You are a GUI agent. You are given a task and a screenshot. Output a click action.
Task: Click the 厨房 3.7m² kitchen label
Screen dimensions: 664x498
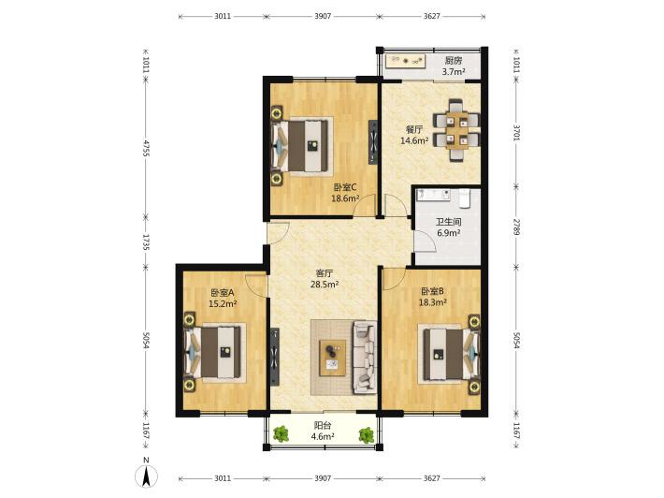pos(454,66)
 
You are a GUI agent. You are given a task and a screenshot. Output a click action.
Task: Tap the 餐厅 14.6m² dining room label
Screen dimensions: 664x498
pos(414,135)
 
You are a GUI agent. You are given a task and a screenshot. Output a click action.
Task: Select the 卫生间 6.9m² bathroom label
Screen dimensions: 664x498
pos(449,227)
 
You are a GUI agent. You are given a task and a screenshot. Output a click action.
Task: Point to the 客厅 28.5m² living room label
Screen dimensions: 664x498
pos(325,278)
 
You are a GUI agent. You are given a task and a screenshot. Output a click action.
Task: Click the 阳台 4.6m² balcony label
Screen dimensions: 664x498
pos(323,431)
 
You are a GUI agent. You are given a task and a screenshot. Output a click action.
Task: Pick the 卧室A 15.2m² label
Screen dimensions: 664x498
pos(223,298)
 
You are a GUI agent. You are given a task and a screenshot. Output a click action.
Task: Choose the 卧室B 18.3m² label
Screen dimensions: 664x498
pos(432,297)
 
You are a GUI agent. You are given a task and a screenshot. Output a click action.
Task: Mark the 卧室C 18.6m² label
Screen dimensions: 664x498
pos(345,193)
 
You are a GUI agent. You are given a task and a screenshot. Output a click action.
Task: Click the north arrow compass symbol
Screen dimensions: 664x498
pos(146,474)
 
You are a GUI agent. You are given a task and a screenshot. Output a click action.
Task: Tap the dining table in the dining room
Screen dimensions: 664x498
pos(457,130)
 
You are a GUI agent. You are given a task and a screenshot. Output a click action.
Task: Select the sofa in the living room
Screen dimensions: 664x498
pos(364,357)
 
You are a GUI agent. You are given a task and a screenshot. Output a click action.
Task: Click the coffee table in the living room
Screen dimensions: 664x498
pos(332,358)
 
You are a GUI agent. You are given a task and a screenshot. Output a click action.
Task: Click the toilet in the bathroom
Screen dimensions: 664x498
pos(465,198)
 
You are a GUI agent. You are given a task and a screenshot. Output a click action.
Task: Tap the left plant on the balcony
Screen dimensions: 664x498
pos(281,434)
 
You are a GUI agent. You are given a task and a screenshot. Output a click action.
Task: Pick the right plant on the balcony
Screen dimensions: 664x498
pos(367,435)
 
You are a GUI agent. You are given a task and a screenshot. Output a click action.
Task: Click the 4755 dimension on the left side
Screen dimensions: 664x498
pos(146,148)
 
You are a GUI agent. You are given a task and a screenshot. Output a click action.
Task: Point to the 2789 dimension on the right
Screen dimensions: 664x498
pos(516,227)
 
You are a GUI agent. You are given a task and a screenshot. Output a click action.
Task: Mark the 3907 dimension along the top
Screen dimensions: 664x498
pos(323,16)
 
